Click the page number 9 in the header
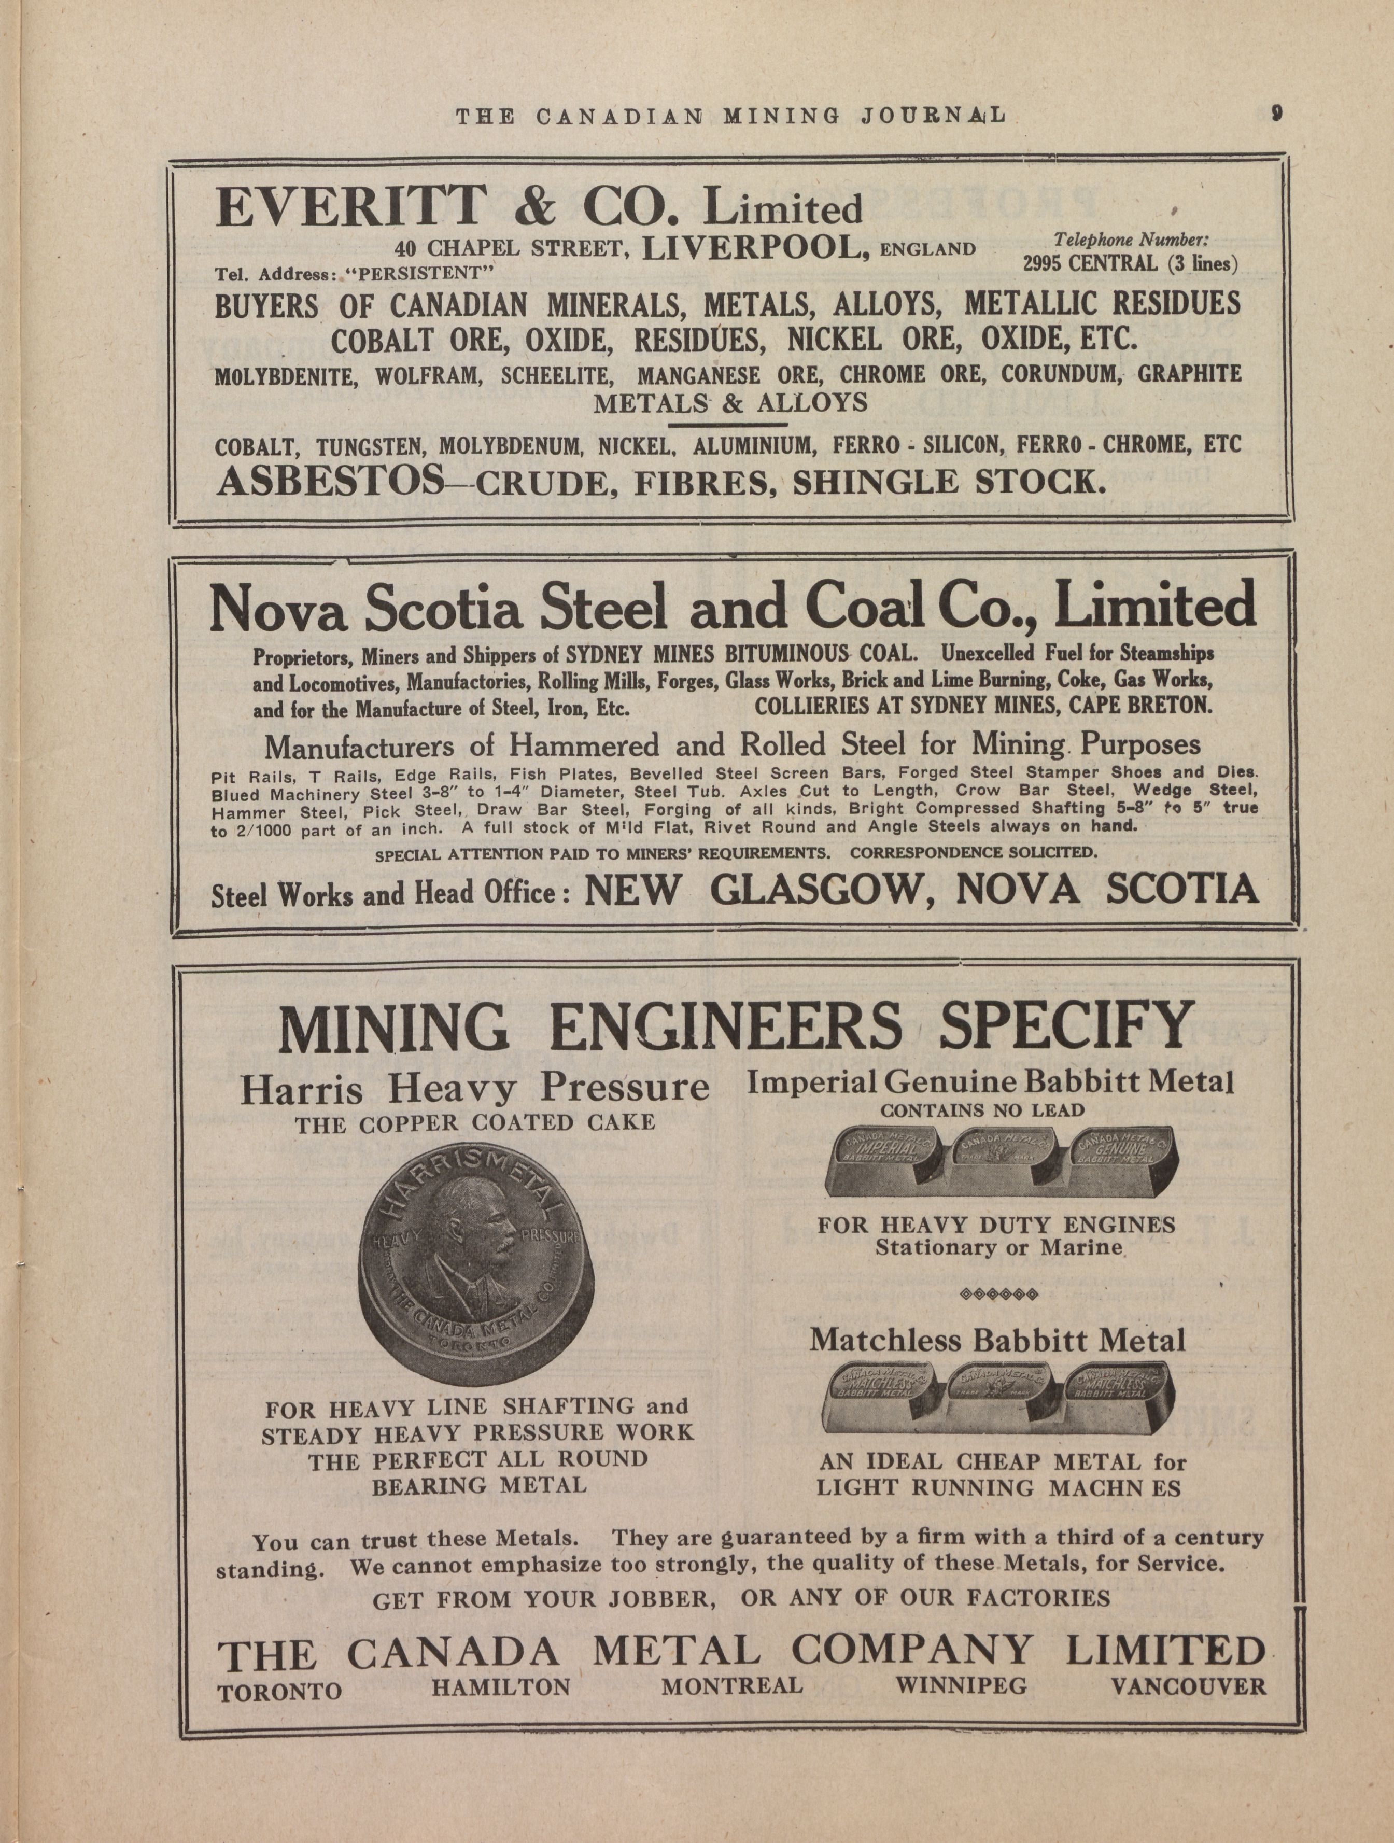(x=1276, y=114)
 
